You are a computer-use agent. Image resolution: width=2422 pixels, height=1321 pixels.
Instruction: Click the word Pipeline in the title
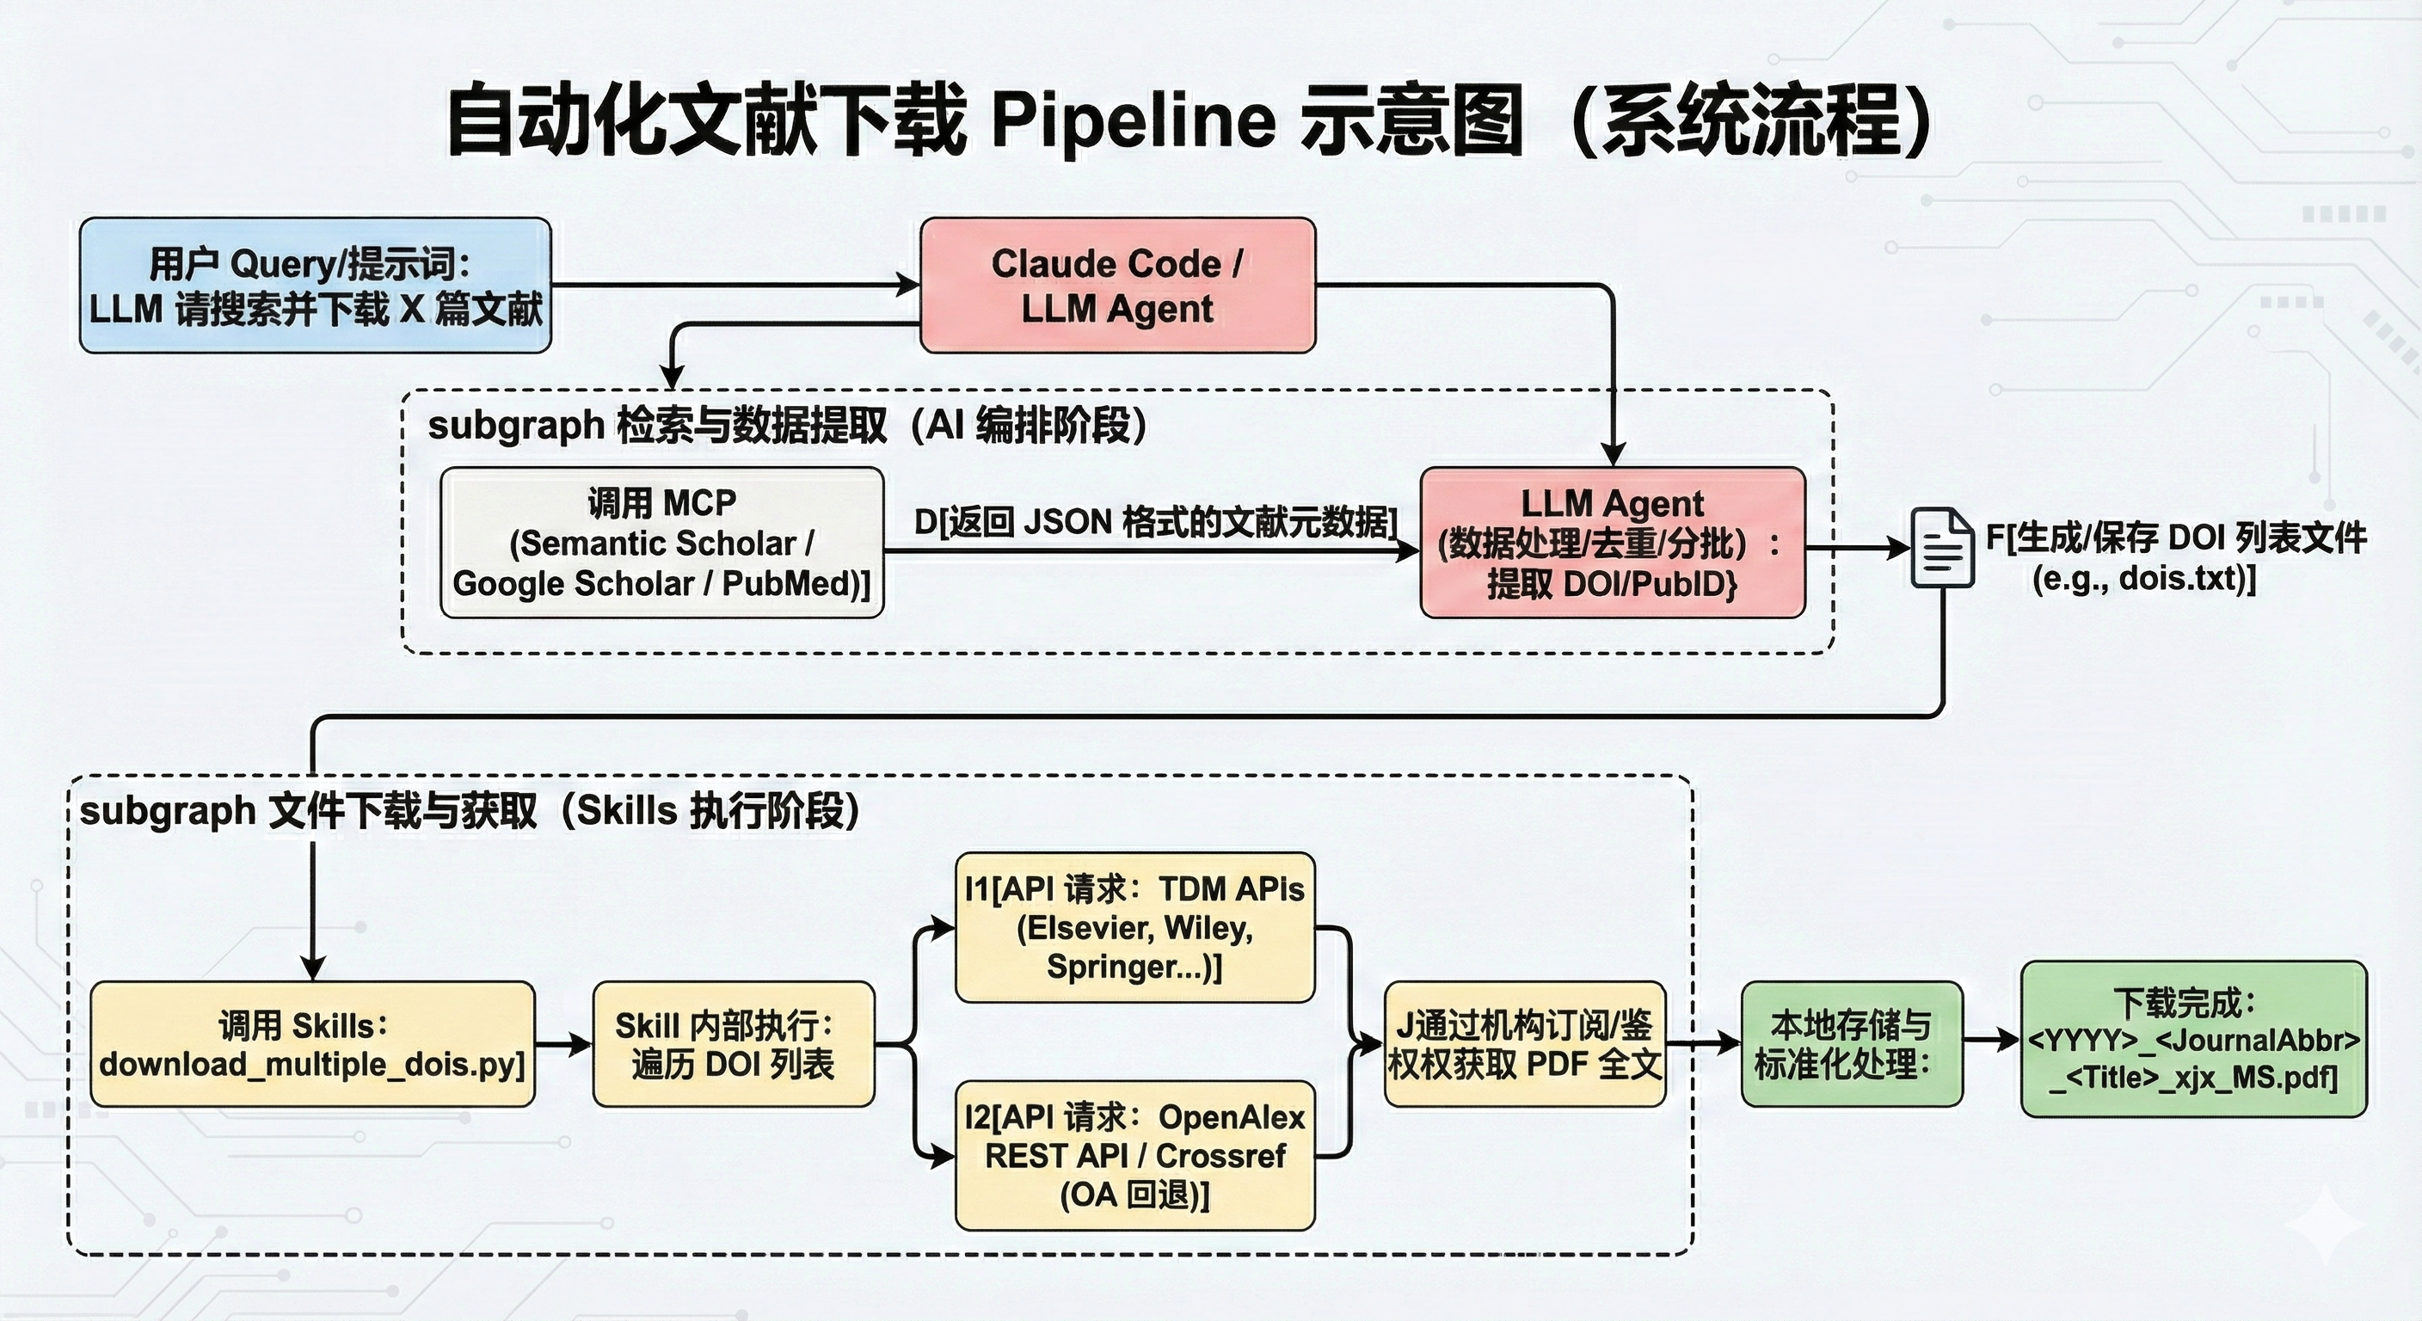click(1133, 120)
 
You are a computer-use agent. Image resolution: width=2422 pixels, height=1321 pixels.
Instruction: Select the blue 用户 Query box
click(315, 286)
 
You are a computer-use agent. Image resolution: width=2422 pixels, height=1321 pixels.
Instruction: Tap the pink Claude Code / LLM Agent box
click(1117, 286)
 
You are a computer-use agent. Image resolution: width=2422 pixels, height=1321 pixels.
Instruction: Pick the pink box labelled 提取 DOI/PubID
click(1612, 543)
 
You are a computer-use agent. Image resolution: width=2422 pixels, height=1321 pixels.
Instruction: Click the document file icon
click(1942, 547)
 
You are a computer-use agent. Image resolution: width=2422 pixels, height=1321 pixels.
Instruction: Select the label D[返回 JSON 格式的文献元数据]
click(1154, 522)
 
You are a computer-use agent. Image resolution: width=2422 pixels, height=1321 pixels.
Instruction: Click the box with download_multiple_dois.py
click(312, 1043)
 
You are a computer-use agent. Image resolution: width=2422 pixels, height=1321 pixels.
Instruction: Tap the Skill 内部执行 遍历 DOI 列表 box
click(734, 1043)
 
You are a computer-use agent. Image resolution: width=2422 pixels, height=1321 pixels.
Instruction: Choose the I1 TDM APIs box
click(1134, 927)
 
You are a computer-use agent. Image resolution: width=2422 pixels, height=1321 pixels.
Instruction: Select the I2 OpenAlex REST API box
click(1134, 1156)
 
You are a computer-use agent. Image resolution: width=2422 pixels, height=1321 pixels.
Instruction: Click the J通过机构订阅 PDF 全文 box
click(1524, 1043)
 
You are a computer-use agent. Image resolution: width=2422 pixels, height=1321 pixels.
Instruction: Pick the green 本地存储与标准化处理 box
click(1850, 1043)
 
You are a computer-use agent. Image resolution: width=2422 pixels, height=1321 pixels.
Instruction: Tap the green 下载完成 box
click(2192, 1039)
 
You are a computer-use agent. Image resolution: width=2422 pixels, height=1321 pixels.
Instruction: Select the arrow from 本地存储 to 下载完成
click(1991, 1040)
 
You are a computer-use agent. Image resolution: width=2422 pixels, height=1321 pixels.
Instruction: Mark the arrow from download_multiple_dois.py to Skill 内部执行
click(564, 1043)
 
